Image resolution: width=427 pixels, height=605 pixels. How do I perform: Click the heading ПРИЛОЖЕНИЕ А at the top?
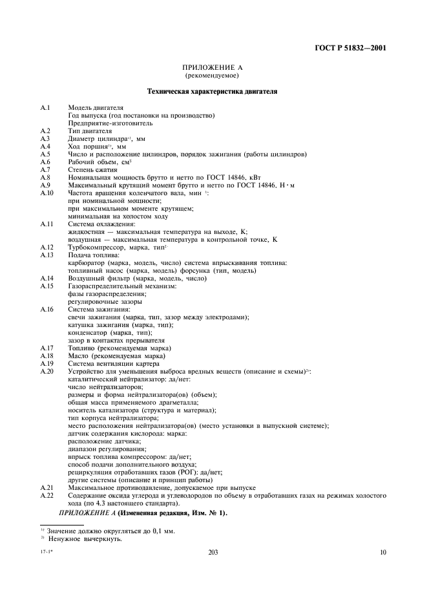(x=213, y=68)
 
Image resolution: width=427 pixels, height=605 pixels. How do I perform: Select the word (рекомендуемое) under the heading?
(x=213, y=76)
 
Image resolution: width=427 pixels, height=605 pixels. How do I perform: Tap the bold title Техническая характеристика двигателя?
(x=213, y=92)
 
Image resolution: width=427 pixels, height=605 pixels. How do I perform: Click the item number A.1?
(x=45, y=107)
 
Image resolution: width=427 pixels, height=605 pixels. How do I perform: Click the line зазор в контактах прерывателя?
(x=112, y=341)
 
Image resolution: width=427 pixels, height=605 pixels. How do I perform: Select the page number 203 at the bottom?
(x=213, y=553)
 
